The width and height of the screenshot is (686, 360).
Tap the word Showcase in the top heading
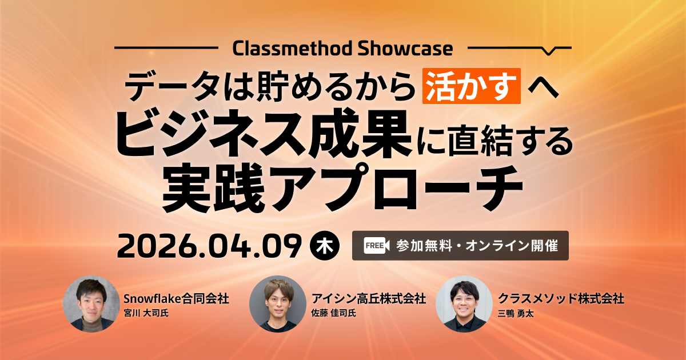click(405, 49)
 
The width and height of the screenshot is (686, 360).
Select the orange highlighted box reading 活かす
click(471, 86)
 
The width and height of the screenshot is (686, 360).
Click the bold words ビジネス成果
click(264, 134)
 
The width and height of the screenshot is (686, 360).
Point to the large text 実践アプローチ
click(342, 187)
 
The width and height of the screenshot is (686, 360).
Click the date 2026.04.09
click(209, 246)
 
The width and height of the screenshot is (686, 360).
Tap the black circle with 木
click(325, 246)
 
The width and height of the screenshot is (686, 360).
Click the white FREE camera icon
click(376, 246)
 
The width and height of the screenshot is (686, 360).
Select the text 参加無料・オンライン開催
click(477, 246)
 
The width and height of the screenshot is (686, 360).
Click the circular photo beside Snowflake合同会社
click(91, 303)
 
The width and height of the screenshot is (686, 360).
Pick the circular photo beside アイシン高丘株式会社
click(278, 303)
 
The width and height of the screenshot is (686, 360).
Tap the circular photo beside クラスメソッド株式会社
click(464, 303)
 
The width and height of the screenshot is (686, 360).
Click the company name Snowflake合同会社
click(176, 298)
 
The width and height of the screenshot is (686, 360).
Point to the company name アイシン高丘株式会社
click(368, 298)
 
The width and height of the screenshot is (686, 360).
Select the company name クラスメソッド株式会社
click(561, 298)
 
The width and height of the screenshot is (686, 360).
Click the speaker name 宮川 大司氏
click(146, 313)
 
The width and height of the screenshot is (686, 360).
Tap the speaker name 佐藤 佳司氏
click(333, 313)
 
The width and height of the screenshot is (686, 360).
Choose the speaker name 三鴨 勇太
click(516, 314)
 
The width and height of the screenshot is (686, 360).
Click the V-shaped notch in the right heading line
click(549, 51)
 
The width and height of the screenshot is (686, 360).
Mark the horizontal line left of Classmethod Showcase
click(166, 48)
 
